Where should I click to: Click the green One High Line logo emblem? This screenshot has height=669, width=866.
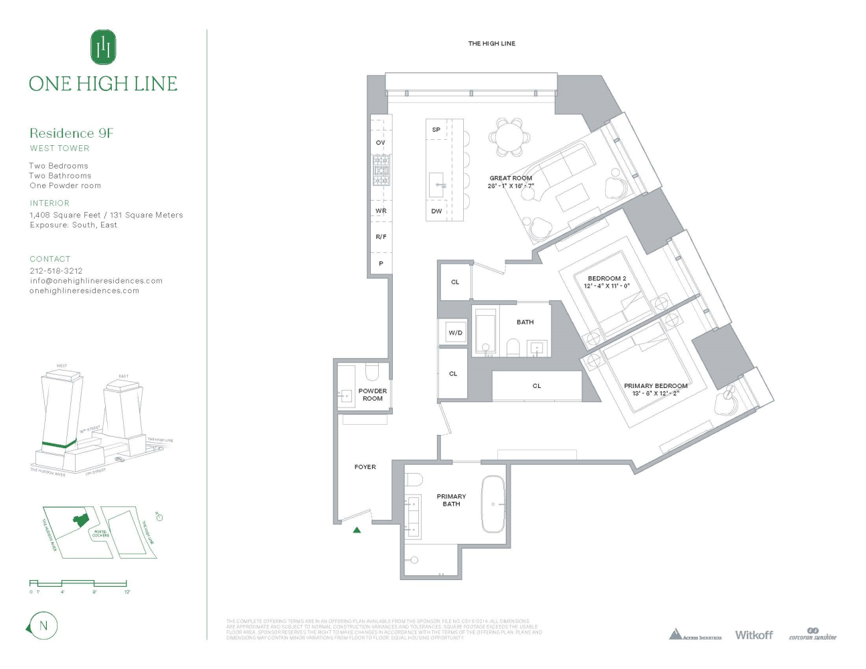[x=103, y=47]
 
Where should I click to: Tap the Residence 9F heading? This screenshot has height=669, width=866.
[x=72, y=133]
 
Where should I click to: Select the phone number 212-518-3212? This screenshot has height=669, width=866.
[x=56, y=271]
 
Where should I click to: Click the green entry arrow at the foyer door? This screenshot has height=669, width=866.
[x=357, y=530]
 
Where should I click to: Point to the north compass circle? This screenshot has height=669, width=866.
[x=44, y=626]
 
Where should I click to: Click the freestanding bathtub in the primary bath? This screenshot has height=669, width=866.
[x=493, y=504]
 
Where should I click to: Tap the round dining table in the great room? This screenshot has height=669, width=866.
[x=510, y=137]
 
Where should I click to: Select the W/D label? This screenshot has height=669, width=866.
[x=455, y=332]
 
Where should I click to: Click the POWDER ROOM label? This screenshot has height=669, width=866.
[x=372, y=395]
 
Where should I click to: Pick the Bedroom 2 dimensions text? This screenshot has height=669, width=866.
[x=606, y=286]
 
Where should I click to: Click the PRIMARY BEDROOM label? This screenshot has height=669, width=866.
[x=655, y=386]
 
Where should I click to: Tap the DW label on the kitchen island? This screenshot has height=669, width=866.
[x=436, y=211]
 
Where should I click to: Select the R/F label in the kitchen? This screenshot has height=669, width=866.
[x=381, y=237]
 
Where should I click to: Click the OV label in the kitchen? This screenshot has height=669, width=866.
[x=380, y=142]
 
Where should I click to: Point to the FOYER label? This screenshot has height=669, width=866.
[x=365, y=467]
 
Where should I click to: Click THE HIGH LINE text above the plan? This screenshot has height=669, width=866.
[x=491, y=43]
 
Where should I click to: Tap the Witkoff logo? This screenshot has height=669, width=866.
[x=754, y=634]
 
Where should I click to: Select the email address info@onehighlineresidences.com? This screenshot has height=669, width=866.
[x=96, y=281]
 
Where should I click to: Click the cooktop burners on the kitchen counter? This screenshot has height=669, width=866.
[x=381, y=171]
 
